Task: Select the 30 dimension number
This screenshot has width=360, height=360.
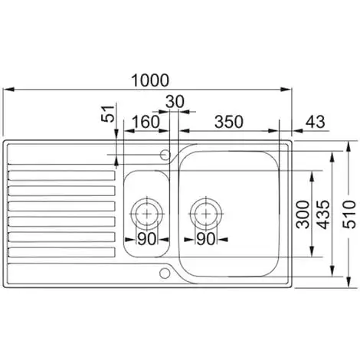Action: point(175,101)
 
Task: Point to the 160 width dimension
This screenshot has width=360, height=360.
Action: point(146,122)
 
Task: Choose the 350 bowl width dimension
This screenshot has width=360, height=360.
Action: point(230,122)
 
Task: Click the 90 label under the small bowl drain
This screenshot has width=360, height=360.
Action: point(146,237)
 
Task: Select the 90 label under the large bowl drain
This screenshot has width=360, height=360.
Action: point(206,237)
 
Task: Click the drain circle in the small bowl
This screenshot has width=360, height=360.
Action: point(146,211)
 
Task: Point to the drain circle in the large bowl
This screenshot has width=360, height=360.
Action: point(206,211)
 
